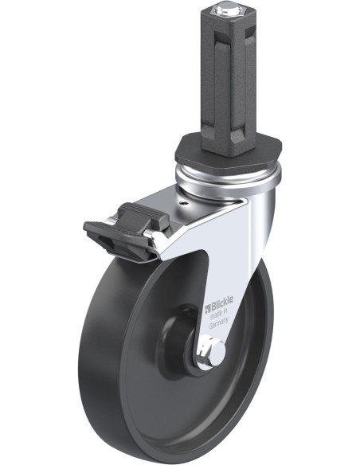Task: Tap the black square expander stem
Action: click(228, 80)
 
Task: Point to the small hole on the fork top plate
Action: click(184, 203)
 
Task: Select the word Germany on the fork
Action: click(219, 322)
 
